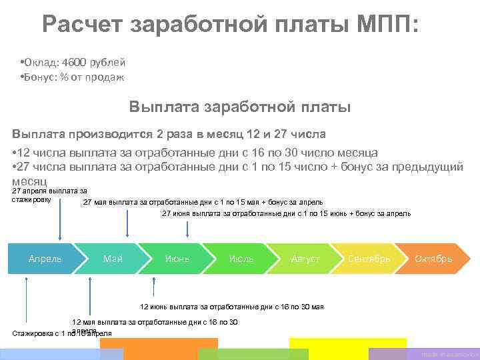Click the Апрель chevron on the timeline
45,259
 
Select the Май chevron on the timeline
113,259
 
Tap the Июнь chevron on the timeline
177,259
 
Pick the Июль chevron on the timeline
241,259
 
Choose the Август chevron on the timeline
305,259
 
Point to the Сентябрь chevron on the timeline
369,259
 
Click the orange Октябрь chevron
434,259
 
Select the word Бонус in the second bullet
40,77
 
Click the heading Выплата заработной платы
239,107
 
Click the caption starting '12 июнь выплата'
231,307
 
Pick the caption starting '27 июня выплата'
286,214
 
